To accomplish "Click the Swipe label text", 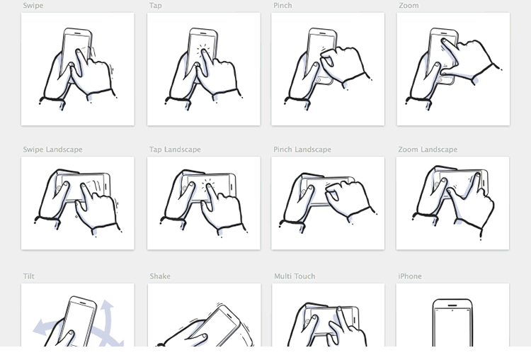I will click(33, 6).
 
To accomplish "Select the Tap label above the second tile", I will click(155, 6).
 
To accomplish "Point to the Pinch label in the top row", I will click(282, 6).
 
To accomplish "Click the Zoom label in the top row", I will click(409, 6).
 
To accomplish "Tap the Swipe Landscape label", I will click(52, 150).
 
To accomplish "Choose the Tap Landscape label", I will click(175, 150).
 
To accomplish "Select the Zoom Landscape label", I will click(428, 150).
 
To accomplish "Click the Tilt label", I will click(28, 276).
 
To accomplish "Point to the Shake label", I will click(160, 276).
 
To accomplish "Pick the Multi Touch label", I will click(295, 276).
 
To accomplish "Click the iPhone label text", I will click(410, 276).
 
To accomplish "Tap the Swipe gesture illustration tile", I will click(78, 69).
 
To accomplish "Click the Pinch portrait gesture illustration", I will click(328, 69).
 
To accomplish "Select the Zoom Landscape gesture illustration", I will click(452, 203).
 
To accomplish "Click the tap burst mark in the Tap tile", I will click(204, 52).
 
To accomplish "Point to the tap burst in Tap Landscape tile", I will click(210, 186).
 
